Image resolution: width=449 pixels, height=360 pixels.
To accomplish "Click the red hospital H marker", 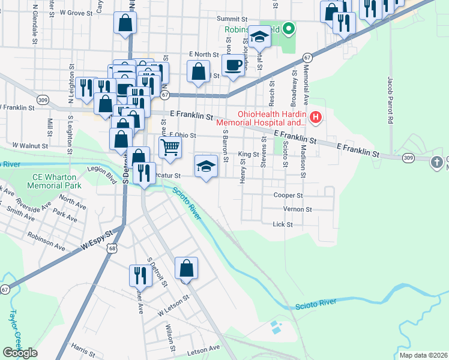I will click(316, 118).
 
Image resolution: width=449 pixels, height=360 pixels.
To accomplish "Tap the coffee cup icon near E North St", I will click(234, 64).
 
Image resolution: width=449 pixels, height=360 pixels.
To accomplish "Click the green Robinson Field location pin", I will click(289, 28).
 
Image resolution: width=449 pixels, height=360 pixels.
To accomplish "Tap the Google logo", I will click(20, 353).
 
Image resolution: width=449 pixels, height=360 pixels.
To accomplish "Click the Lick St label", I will click(282, 224).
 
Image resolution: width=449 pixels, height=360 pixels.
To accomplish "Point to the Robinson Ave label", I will click(46, 242).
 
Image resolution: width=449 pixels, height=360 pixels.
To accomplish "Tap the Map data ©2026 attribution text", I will click(423, 355).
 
